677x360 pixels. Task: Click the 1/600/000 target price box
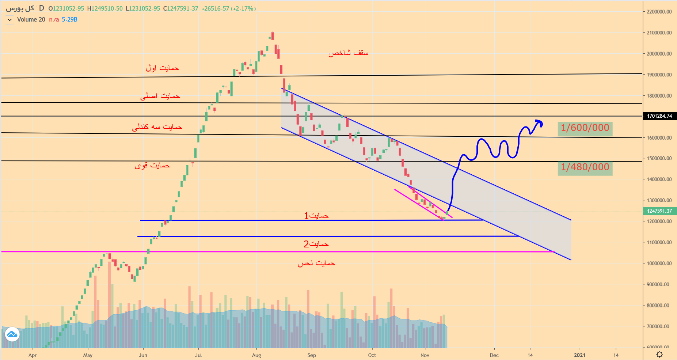coord(585,128)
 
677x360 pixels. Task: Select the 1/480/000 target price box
coord(585,168)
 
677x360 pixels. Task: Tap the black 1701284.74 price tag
coord(659,116)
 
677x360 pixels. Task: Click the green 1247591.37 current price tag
coord(659,211)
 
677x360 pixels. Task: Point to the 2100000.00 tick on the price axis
coord(659,33)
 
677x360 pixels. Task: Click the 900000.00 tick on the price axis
coord(659,284)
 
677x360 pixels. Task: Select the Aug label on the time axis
coord(256,355)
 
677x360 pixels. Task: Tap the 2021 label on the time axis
coord(579,355)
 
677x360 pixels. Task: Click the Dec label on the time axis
coord(494,355)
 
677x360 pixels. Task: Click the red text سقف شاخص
coord(348,53)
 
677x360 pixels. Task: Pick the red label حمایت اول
coord(162,68)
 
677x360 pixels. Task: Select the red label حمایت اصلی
coord(160,96)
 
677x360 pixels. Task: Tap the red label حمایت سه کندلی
coord(157,127)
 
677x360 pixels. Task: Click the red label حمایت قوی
coord(152,166)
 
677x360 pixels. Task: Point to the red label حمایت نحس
coord(316,264)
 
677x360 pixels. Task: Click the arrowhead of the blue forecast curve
coord(539,122)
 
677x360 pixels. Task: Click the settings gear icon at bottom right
coord(659,354)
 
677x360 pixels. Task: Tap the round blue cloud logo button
coord(12,334)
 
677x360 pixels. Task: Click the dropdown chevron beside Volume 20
coord(9,20)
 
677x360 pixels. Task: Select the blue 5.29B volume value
coord(69,20)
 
